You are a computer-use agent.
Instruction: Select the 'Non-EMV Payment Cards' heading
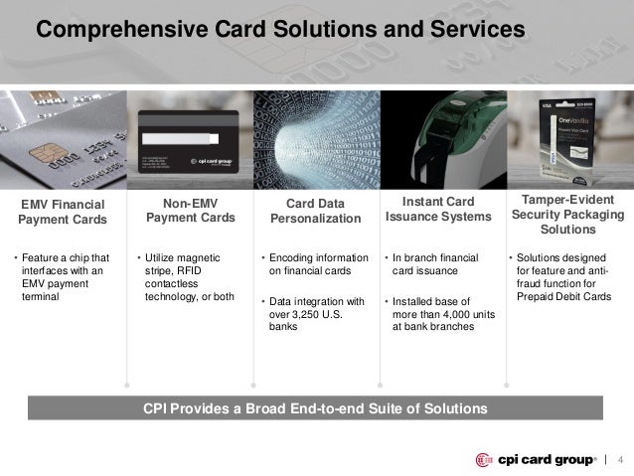(190, 211)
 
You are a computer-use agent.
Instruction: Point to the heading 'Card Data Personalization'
(317, 212)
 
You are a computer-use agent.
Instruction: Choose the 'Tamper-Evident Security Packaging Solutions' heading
(567, 215)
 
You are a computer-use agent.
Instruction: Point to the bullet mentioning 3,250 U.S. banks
(317, 315)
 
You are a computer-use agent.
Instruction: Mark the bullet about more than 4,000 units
(441, 315)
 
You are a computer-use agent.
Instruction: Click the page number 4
(620, 459)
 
